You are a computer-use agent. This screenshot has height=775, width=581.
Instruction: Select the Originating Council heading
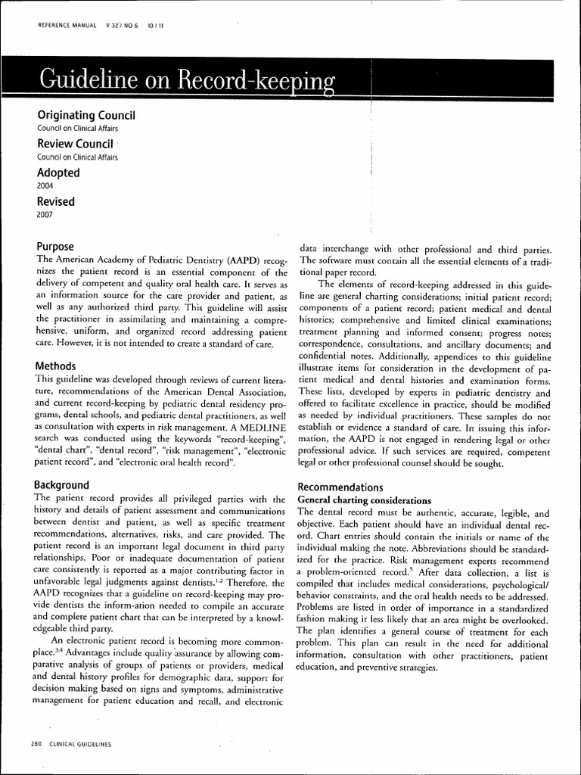[85, 115]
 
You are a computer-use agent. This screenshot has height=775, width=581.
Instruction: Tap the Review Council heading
[75, 144]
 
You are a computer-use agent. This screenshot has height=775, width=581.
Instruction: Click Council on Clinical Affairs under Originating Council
[77, 129]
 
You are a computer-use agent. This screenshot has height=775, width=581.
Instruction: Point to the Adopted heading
[58, 173]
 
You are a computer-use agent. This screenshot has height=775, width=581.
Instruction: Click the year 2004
[45, 185]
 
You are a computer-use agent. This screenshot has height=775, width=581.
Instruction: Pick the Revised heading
[56, 201]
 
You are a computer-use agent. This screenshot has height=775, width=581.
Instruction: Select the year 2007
[45, 214]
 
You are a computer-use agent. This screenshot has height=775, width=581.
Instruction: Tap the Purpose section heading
[55, 247]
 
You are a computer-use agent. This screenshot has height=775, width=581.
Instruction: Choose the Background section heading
[63, 484]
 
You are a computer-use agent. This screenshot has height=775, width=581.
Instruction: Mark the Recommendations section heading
[340, 487]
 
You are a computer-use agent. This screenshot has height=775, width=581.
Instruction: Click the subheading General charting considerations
[365, 500]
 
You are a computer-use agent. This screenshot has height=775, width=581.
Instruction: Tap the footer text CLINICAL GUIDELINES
[80, 745]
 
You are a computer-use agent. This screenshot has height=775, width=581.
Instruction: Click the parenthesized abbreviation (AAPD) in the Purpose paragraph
[238, 260]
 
